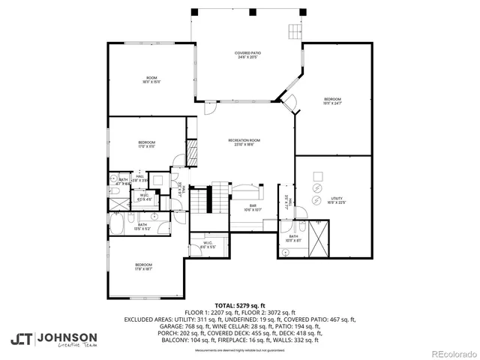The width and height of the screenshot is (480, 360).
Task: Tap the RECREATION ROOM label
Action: pyautogui.click(x=244, y=142)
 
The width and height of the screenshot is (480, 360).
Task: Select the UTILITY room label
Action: pyautogui.click(x=337, y=200)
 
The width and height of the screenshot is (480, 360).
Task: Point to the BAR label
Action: pyautogui.click(x=253, y=208)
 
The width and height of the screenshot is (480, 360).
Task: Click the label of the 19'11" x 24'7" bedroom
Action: pyautogui.click(x=332, y=101)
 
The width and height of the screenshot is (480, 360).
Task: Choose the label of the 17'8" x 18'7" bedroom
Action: pyautogui.click(x=144, y=266)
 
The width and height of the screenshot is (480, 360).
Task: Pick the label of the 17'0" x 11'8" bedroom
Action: pyautogui.click(x=146, y=144)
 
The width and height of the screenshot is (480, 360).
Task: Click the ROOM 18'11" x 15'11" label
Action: pyautogui.click(x=151, y=80)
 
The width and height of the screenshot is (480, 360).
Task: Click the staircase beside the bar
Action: pyautogui.click(x=199, y=200)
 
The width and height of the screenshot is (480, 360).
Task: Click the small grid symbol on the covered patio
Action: pyautogui.click(x=294, y=31)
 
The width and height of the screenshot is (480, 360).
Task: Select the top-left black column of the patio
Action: pyautogui.click(x=194, y=13)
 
